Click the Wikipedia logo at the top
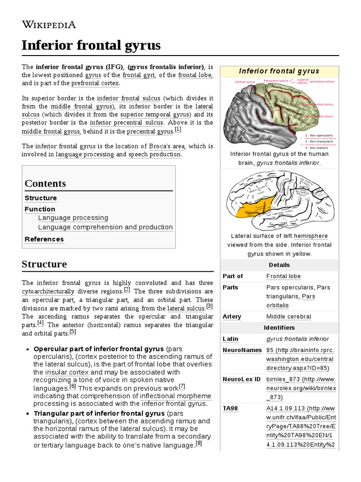point(48,25)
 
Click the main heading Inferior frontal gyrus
point(91,46)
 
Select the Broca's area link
point(166,146)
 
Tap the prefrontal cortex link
point(95,83)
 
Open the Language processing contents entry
point(73,218)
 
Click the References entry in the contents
point(44,239)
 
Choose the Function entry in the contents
point(40,209)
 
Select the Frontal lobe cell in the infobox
point(283,276)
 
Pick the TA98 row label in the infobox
point(231,409)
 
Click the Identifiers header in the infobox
point(279,327)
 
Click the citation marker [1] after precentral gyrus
point(178,130)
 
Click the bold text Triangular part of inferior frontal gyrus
point(99,413)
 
